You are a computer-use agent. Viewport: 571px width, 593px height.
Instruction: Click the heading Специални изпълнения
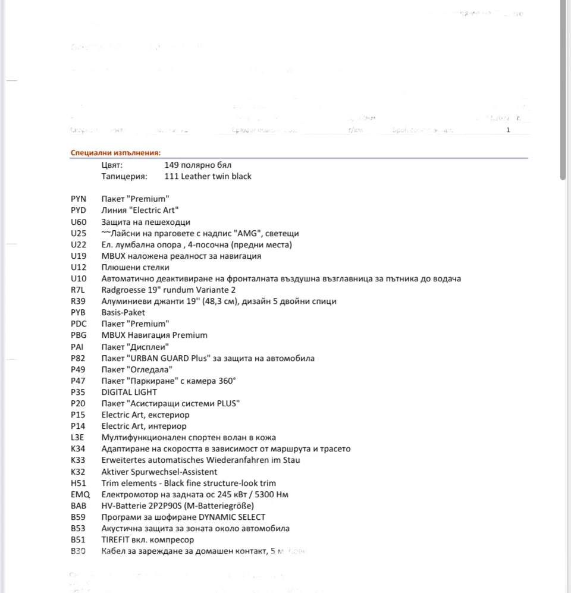(x=115, y=153)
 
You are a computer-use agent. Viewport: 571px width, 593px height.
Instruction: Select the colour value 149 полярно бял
(x=197, y=165)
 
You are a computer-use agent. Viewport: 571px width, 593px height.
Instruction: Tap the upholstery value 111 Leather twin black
(x=208, y=176)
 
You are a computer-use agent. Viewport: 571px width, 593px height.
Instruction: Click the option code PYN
(x=79, y=199)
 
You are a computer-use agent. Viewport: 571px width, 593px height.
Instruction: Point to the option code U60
(x=79, y=222)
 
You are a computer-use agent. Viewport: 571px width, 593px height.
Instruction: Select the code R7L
(x=78, y=290)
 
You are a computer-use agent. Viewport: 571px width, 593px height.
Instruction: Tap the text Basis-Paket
(x=123, y=312)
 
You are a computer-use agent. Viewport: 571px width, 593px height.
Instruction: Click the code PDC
(x=79, y=324)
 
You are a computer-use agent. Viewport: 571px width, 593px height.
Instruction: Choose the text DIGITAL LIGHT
(x=129, y=392)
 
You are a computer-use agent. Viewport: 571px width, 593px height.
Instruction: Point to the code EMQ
(x=79, y=494)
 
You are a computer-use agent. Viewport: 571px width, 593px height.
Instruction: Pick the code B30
(x=78, y=551)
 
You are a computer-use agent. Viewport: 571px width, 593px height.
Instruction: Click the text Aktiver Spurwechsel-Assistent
(x=159, y=472)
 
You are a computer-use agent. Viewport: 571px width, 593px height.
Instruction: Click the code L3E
(x=77, y=437)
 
